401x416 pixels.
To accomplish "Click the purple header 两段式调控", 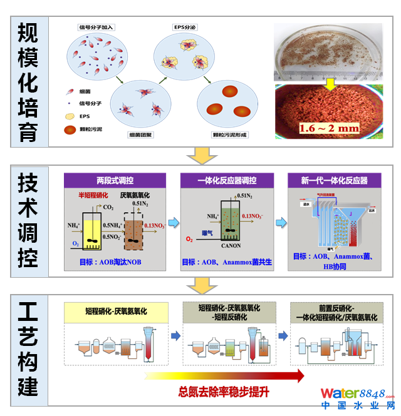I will click(115, 180).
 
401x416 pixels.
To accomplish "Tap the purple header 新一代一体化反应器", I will click(334, 180).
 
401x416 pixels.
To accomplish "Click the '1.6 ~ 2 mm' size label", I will click(329, 128).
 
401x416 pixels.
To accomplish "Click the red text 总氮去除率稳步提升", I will click(224, 392).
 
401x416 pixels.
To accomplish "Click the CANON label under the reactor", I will click(231, 245).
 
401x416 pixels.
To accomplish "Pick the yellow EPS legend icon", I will click(70, 116).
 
